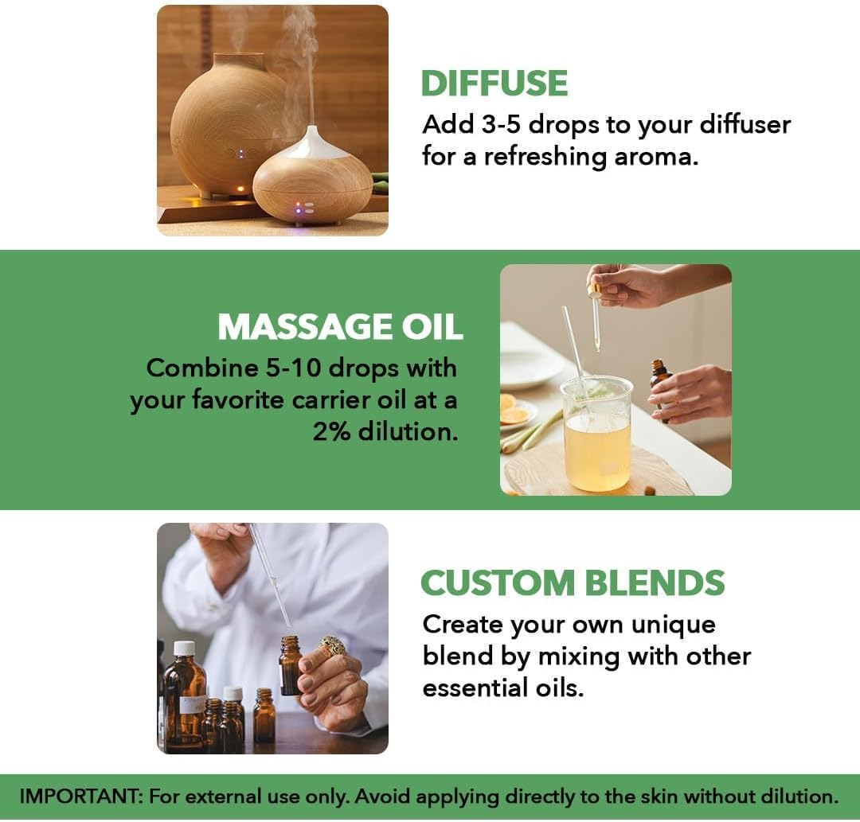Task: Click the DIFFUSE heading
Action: point(494,84)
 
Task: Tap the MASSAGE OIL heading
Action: point(340,327)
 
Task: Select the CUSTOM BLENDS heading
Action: point(573,583)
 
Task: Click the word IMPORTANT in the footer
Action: point(79,797)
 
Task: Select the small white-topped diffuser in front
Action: point(312,181)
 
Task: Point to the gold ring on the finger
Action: point(333,645)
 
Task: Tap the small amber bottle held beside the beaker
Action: point(659,381)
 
